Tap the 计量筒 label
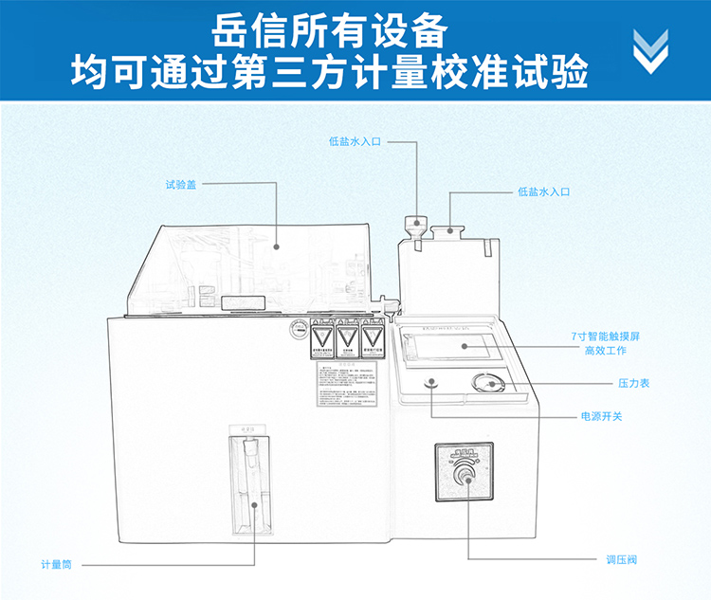click(x=56, y=565)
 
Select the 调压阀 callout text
click(x=622, y=559)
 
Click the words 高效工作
click(x=606, y=352)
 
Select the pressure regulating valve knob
click(x=465, y=473)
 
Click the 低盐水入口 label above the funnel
click(x=355, y=141)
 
